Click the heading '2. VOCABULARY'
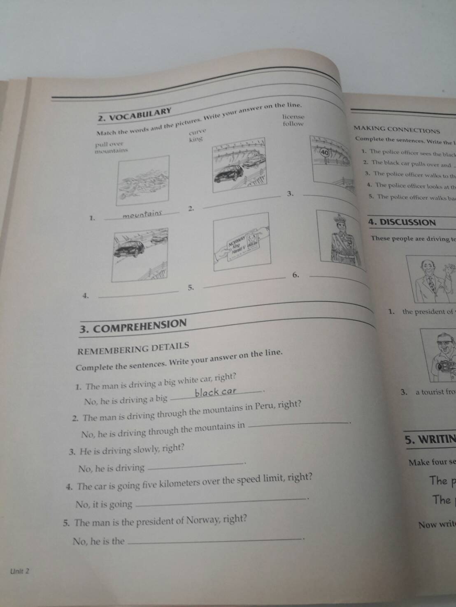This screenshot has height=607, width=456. pyautogui.click(x=135, y=115)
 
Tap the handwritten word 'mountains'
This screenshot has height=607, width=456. pyautogui.click(x=142, y=214)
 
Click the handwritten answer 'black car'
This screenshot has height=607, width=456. pyautogui.click(x=215, y=392)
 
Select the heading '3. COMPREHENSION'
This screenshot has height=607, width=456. pyautogui.click(x=133, y=326)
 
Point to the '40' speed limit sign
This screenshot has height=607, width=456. pyautogui.click(x=325, y=152)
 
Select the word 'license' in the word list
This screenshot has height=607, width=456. pyautogui.click(x=293, y=117)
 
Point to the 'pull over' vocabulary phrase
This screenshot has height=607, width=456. pyautogui.click(x=109, y=144)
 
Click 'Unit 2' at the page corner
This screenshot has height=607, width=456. pyautogui.click(x=20, y=571)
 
